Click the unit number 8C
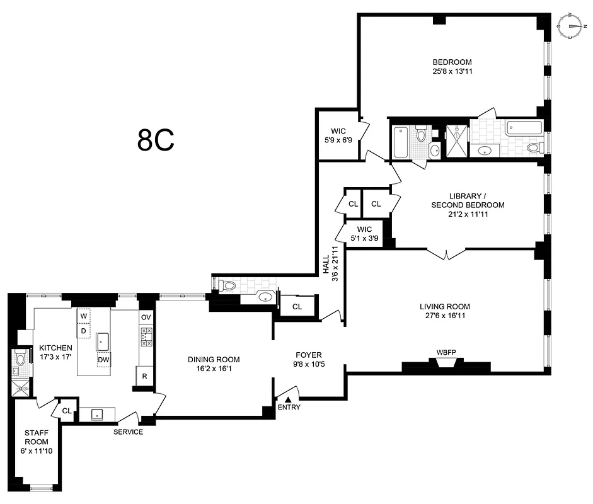[156, 140]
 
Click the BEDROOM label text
[452, 62]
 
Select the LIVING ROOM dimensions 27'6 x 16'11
[445, 317]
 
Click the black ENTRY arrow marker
[288, 399]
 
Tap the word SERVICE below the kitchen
[128, 432]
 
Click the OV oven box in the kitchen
[146, 317]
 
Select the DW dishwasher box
[104, 360]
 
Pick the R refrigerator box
[145, 376]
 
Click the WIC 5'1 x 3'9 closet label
[364, 234]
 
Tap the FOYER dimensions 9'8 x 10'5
[308, 364]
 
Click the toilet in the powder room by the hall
[228, 286]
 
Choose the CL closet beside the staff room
[66, 411]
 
